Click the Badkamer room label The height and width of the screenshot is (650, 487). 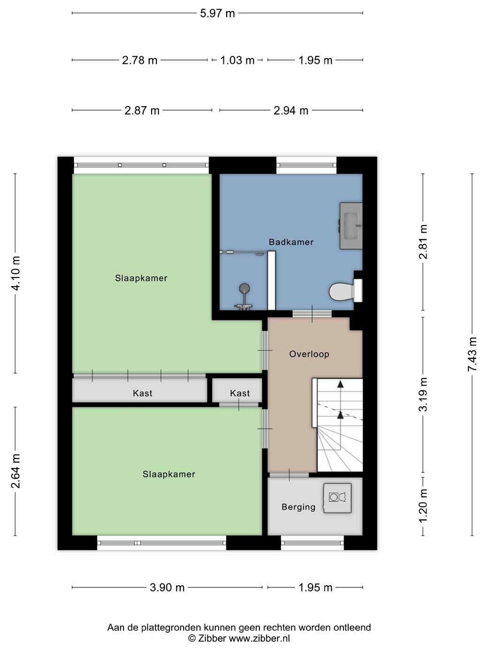pos(291,242)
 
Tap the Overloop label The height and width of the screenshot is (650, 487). pos(309,354)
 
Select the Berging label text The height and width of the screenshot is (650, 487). pos(298,507)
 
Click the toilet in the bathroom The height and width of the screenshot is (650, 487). pos(346,291)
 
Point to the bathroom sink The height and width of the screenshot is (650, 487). pos(351,226)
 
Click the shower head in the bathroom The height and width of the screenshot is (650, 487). pos(244,288)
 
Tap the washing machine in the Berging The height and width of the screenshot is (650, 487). pos(337,498)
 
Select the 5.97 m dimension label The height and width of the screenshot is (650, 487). pos(217,13)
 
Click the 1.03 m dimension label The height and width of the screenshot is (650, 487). pos(237,61)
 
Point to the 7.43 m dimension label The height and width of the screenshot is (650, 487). pos(472,354)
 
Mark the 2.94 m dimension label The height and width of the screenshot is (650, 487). pos(291,111)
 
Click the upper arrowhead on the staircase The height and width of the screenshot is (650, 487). pos(341,384)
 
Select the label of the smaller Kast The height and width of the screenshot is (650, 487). pos(240,393)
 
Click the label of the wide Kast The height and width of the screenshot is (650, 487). pos(143,393)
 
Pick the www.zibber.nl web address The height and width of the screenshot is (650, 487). pos(259,638)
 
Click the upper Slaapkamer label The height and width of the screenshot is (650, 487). pos(141,278)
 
